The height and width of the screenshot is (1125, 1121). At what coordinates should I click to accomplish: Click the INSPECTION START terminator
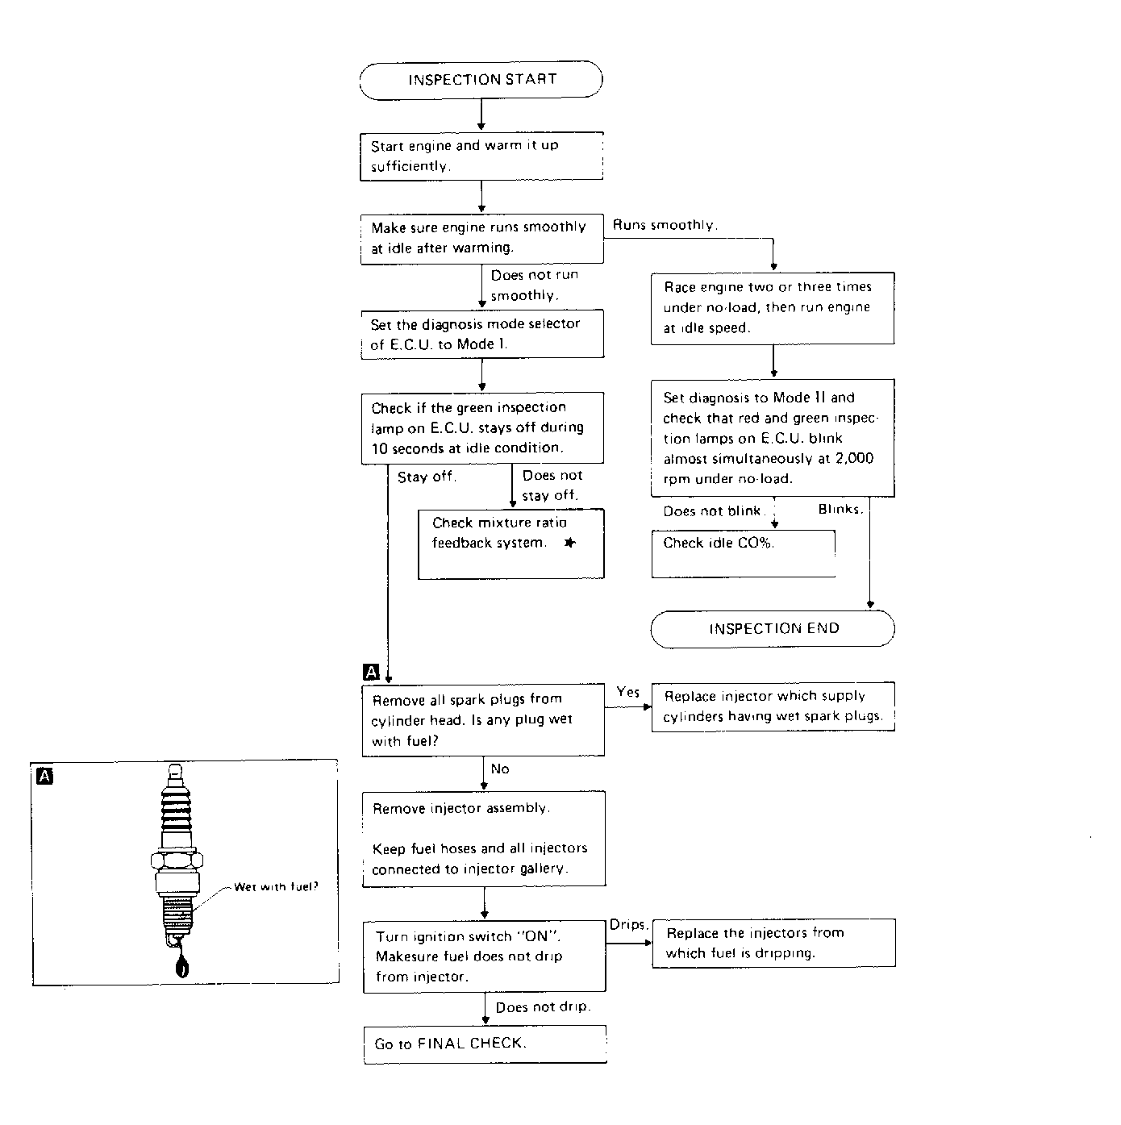(x=481, y=80)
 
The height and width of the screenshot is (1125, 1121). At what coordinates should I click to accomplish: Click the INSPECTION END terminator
(x=773, y=629)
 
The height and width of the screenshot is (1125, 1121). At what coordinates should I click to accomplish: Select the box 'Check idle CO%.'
(x=744, y=553)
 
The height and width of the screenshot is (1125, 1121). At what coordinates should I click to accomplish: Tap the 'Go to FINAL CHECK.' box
(x=485, y=1044)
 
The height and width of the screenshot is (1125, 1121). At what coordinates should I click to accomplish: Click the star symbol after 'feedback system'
(x=570, y=543)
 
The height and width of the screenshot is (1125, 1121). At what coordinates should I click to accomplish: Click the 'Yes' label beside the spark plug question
(x=628, y=692)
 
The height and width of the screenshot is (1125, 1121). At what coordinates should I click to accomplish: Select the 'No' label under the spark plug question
(x=500, y=769)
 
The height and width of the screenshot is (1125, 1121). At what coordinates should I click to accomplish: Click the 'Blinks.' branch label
(x=840, y=509)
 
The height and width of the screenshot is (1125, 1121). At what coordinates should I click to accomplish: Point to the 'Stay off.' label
(x=427, y=477)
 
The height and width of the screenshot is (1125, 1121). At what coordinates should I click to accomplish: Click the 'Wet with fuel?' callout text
(x=276, y=887)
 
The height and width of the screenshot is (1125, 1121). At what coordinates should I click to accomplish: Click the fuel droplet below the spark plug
(x=182, y=965)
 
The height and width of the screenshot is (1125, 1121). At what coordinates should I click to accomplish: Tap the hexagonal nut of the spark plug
(x=177, y=860)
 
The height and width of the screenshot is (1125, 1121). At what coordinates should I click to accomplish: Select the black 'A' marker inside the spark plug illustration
(x=44, y=777)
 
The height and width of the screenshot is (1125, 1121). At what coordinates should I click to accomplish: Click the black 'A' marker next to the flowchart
(x=371, y=672)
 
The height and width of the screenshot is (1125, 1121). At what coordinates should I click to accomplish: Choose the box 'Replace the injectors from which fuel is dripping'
(x=773, y=944)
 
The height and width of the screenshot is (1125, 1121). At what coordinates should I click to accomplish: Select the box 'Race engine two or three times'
(x=773, y=308)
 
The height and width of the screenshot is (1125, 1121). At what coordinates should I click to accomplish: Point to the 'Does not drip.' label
(x=543, y=1007)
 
